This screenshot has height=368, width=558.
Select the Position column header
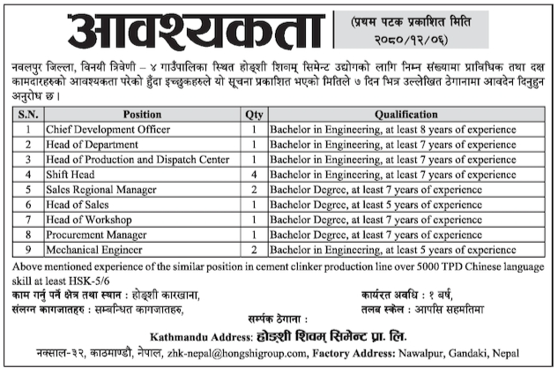coord(142,115)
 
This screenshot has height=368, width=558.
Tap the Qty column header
coord(254,115)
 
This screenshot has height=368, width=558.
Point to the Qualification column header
coord(406,115)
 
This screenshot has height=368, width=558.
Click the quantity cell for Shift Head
coord(254,175)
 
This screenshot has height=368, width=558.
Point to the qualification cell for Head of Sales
coord(393,205)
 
